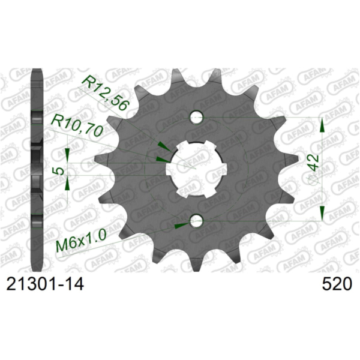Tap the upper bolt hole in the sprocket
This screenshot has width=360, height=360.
(x=196, y=117)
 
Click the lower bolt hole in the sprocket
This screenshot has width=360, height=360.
(x=196, y=222)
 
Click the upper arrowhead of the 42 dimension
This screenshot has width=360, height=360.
(x=322, y=125)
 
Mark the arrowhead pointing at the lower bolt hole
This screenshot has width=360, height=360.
(x=181, y=226)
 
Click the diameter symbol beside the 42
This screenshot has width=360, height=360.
(x=312, y=179)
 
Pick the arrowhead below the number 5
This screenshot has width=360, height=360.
(x=67, y=184)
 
